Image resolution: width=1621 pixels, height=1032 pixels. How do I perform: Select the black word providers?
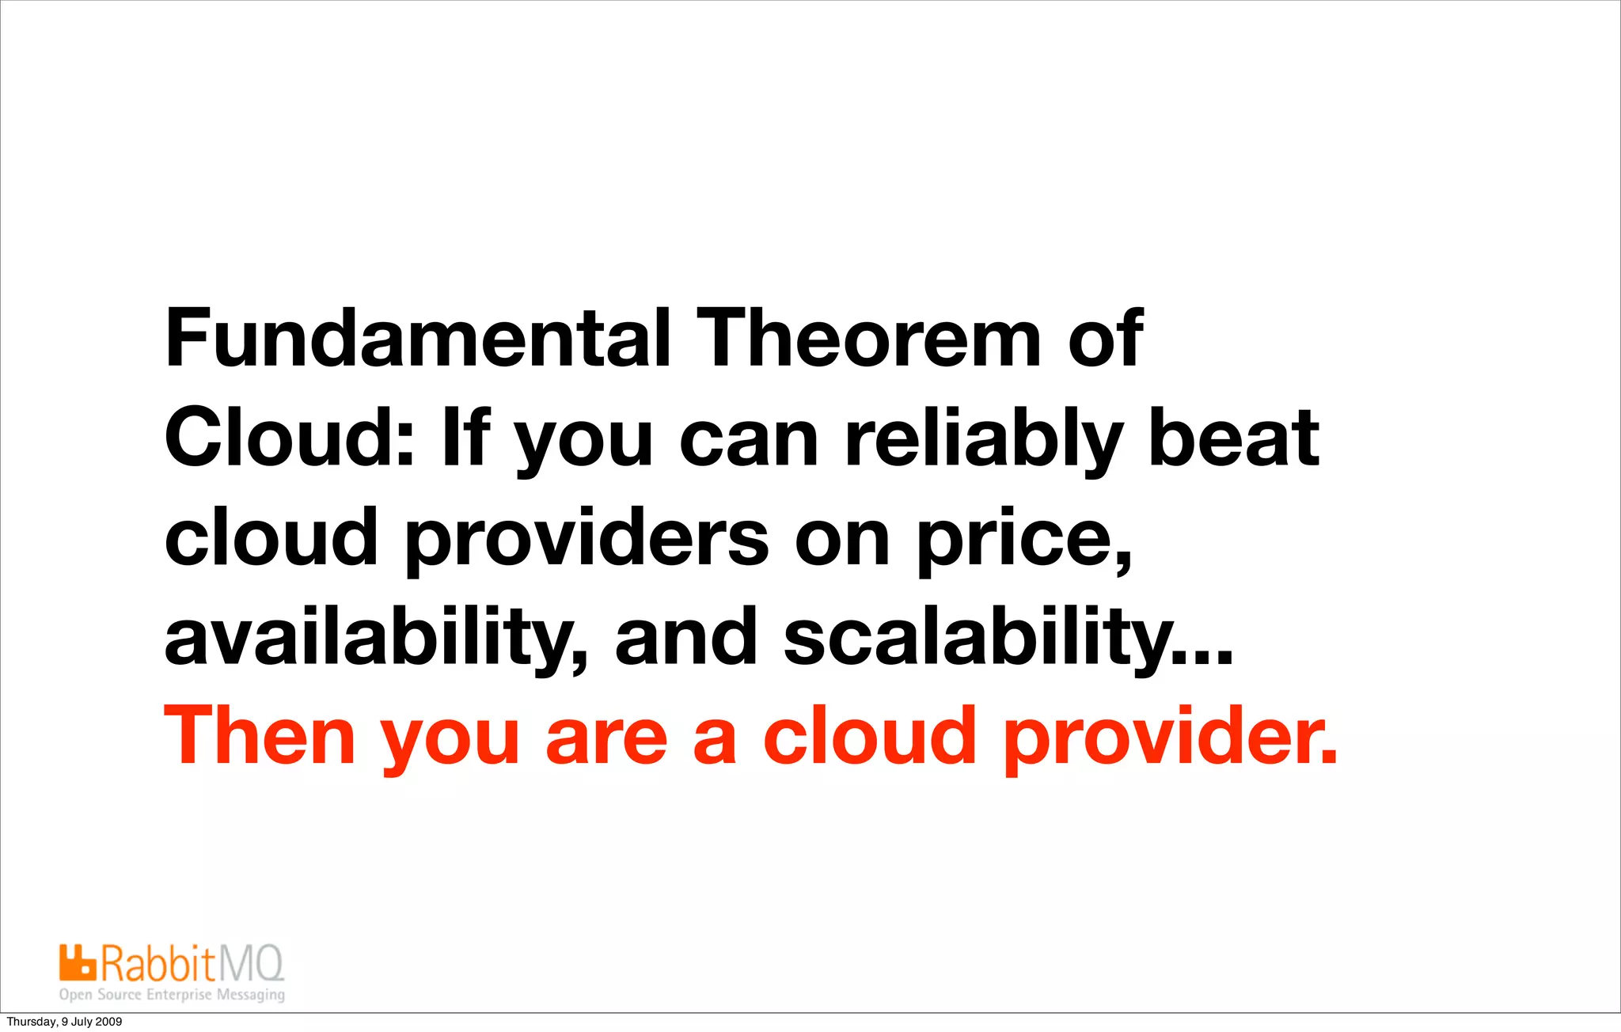[587, 541]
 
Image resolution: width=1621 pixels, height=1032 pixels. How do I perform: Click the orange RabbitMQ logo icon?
[77, 962]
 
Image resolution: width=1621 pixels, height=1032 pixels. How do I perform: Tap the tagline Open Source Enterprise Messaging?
[172, 995]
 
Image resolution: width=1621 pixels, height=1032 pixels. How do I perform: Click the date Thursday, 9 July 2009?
[64, 1022]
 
